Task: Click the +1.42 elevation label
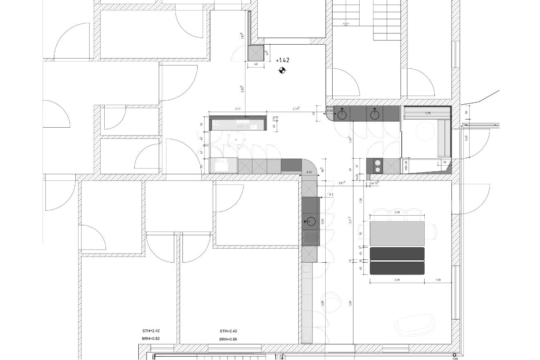click(x=283, y=60)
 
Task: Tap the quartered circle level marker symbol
click(x=282, y=71)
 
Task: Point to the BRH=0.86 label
click(x=228, y=339)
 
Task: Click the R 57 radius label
click(x=309, y=172)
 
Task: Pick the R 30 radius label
click(x=330, y=111)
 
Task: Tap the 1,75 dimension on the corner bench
click(x=428, y=113)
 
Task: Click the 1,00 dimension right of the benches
click(x=438, y=280)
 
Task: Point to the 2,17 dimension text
click(x=238, y=109)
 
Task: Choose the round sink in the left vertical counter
click(x=311, y=222)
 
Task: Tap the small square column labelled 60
click(x=256, y=53)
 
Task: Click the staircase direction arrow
click(x=346, y=25)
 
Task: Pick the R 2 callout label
click(x=331, y=194)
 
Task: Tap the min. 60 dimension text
click(x=406, y=166)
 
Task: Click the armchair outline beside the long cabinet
click(x=332, y=302)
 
